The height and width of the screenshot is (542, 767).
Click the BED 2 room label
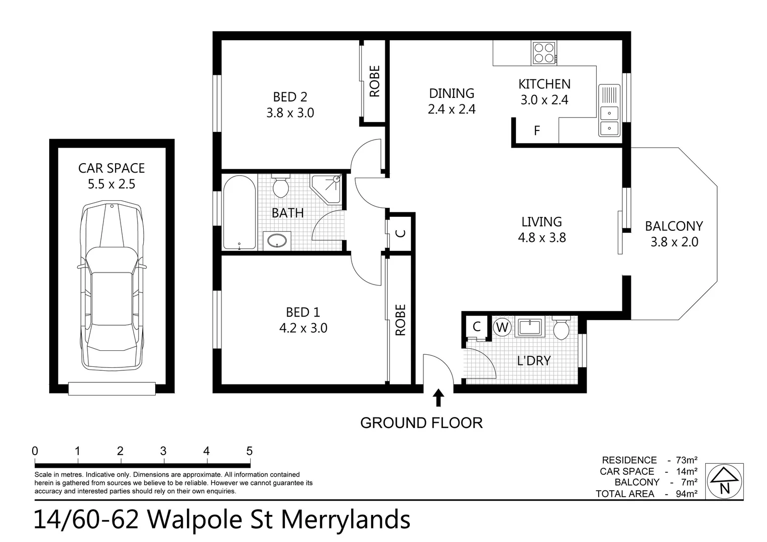(290, 97)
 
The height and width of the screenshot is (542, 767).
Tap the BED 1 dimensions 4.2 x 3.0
(303, 328)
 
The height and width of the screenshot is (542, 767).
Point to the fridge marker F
(536, 131)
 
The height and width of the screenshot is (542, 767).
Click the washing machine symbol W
(502, 328)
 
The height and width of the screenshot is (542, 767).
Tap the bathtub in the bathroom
(239, 212)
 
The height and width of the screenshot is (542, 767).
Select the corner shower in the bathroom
(326, 188)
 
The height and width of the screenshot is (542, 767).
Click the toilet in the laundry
(561, 328)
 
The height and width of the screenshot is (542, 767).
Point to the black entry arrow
(439, 397)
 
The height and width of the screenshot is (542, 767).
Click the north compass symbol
(724, 481)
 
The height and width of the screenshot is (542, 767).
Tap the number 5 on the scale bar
(249, 451)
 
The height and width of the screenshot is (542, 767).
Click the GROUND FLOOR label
(421, 423)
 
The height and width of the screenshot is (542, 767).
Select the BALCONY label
(674, 226)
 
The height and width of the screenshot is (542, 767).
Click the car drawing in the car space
(112, 286)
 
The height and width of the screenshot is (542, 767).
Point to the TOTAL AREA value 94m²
(686, 494)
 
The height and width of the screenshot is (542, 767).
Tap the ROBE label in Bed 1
(400, 320)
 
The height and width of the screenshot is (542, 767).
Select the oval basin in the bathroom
(277, 240)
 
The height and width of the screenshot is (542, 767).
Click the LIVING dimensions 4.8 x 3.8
(541, 238)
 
